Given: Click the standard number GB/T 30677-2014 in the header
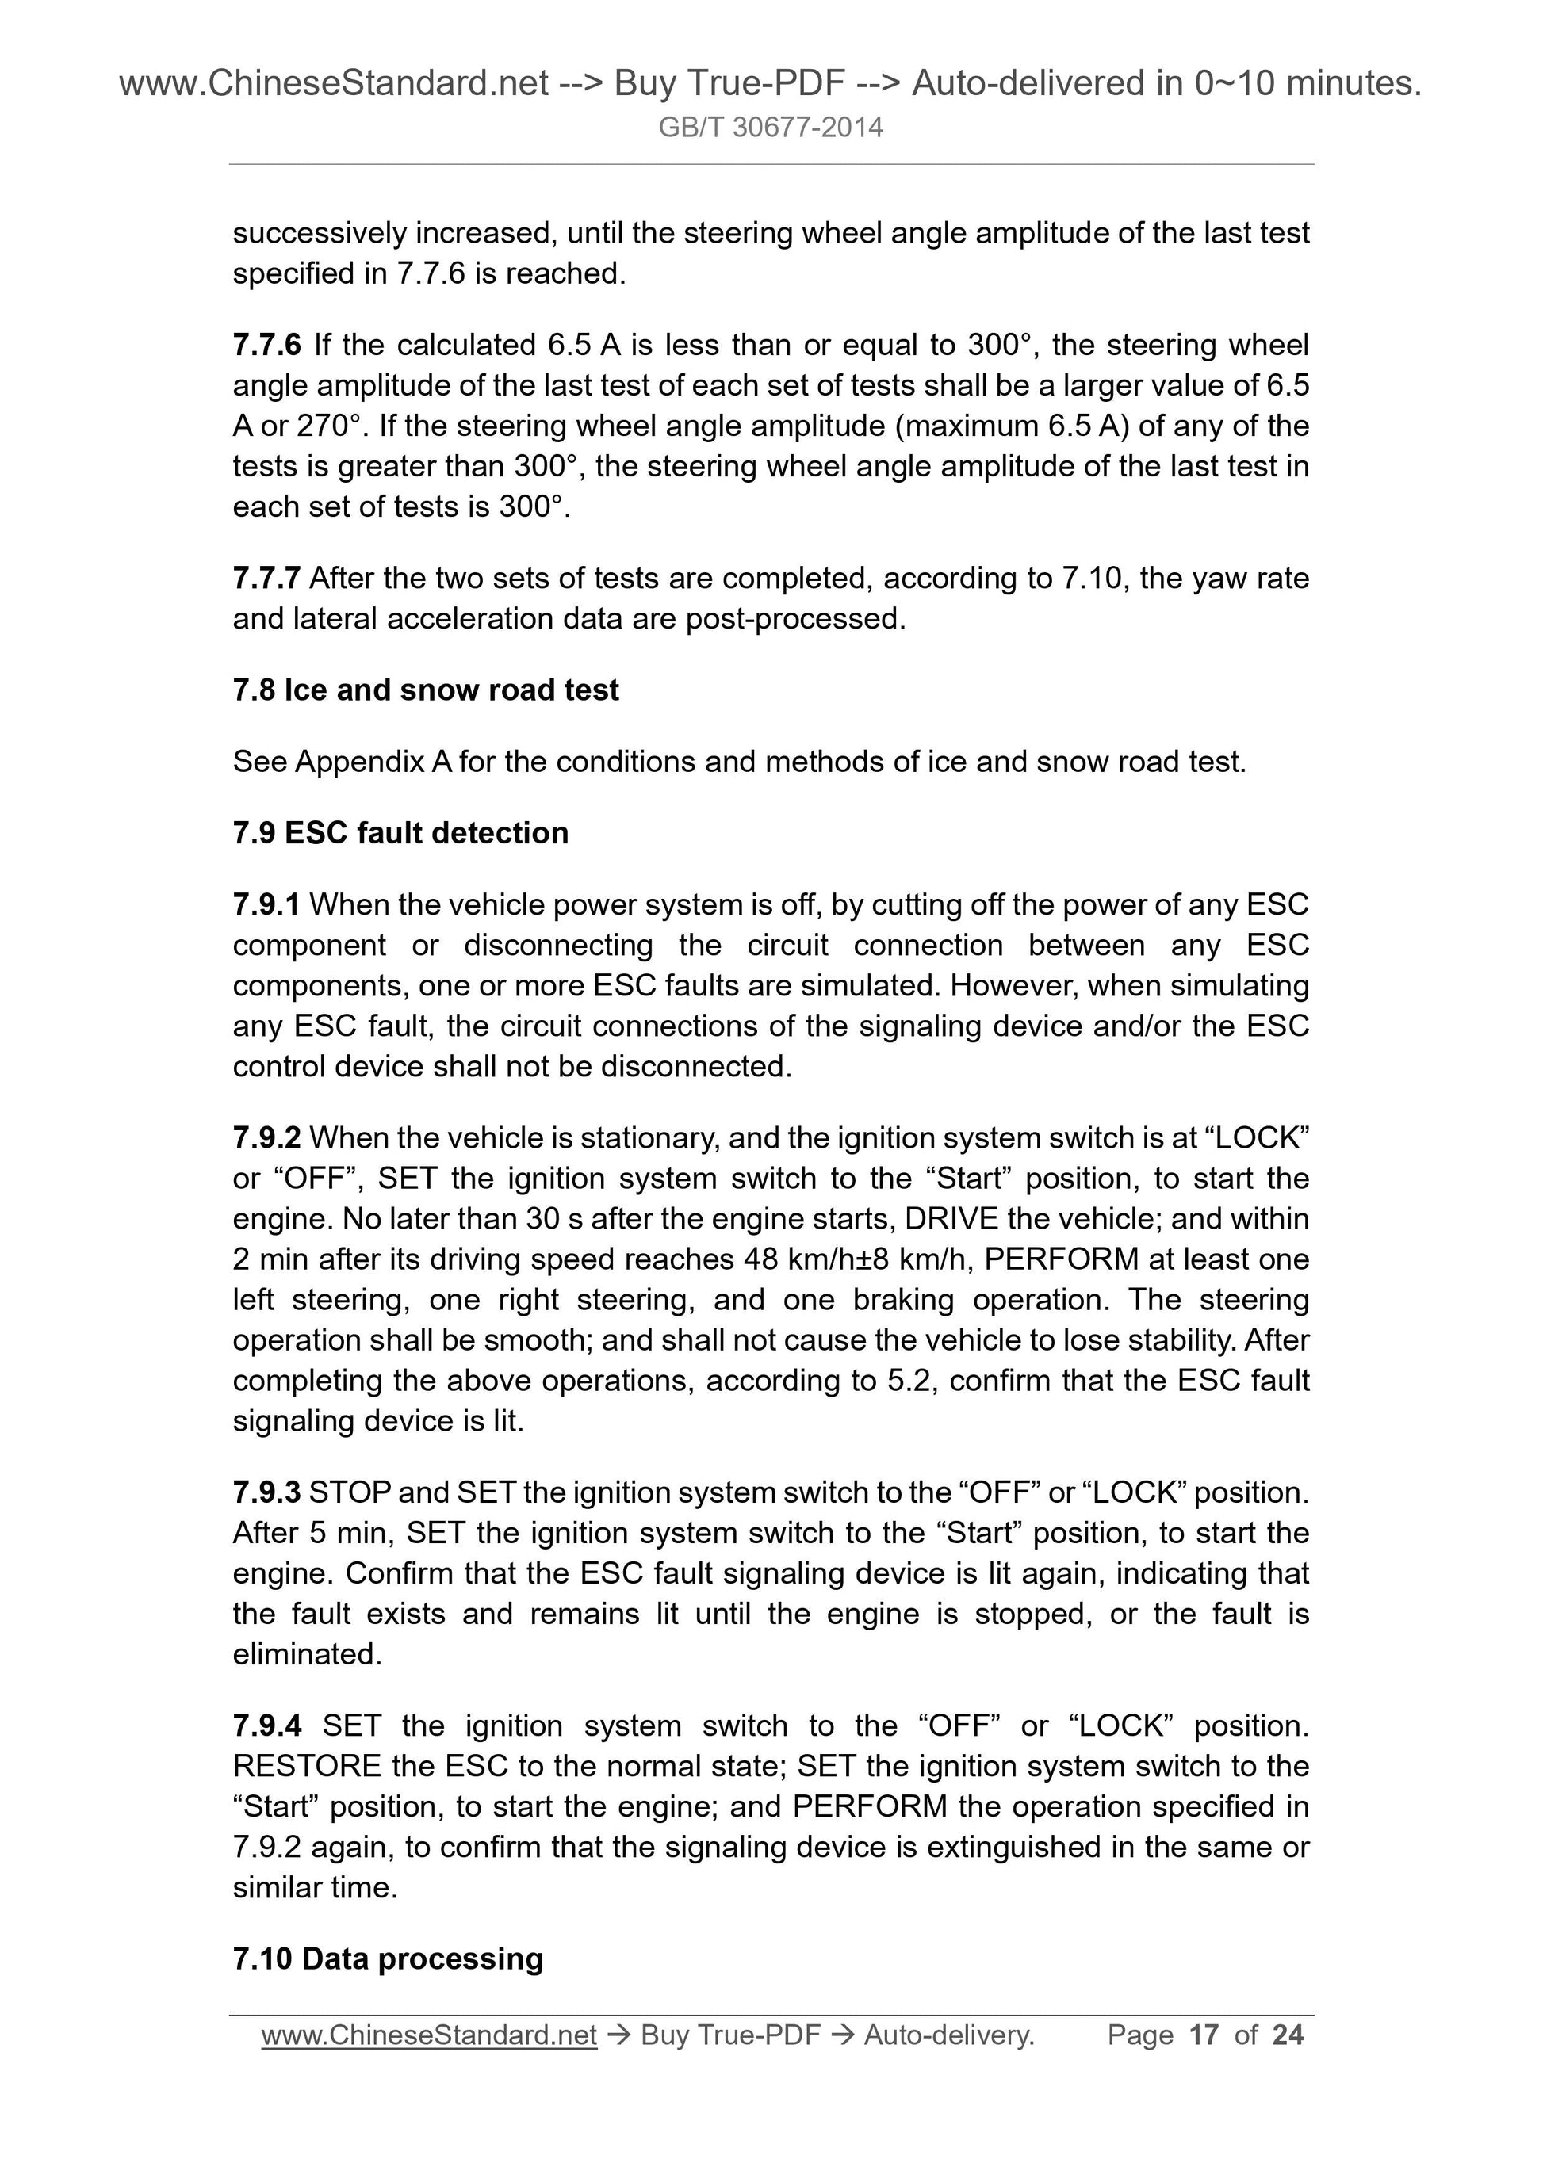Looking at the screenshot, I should tap(770, 128).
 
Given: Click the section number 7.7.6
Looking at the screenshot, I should tap(266, 345).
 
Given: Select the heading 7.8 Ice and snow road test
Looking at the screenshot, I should tap(425, 690).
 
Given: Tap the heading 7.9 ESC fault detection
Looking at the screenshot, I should tap(400, 834).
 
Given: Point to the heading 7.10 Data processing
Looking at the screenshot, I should tap(388, 1959).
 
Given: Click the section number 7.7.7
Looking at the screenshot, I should tap(266, 578).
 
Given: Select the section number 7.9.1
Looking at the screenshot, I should tap(266, 904).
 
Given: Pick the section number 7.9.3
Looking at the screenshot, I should tap(266, 1493).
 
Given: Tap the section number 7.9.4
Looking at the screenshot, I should tap(266, 1725).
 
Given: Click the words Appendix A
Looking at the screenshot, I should tap(373, 762).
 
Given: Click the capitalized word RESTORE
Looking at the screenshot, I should tap(307, 1767).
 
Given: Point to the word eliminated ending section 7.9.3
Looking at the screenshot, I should tap(306, 1656).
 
